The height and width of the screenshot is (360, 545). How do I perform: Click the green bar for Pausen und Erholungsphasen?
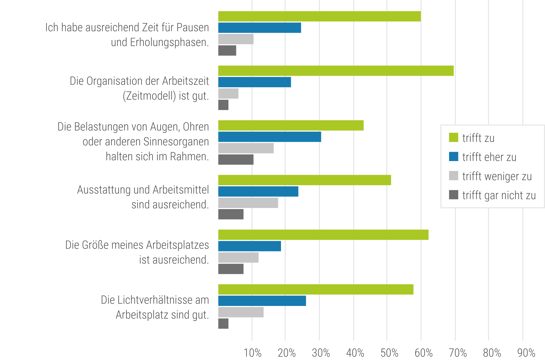319,16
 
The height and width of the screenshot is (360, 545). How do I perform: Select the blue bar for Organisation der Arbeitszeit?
254,82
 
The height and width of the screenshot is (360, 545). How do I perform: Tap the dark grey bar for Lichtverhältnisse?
223,324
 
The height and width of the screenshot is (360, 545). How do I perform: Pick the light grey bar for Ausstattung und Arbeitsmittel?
248,203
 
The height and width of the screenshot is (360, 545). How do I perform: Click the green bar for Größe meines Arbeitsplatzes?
323,235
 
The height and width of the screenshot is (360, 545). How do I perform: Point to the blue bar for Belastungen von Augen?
269,137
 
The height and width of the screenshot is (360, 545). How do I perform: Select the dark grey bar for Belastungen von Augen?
236,159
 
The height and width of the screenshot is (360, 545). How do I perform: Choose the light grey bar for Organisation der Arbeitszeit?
228,94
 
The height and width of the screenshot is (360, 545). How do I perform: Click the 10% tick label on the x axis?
252,353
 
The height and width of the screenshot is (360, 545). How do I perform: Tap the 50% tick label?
389,353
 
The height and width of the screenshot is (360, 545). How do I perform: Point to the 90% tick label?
526,353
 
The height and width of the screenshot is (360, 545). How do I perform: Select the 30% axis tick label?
321,353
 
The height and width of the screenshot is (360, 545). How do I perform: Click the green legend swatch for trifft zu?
453,137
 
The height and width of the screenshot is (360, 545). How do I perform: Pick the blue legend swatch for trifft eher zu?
453,156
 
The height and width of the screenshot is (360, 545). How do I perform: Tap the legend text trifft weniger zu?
497,176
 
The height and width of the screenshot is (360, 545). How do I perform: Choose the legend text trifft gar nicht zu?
499,195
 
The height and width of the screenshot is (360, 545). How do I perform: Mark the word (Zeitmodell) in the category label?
149,96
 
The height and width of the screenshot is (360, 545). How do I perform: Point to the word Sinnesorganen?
176,142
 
